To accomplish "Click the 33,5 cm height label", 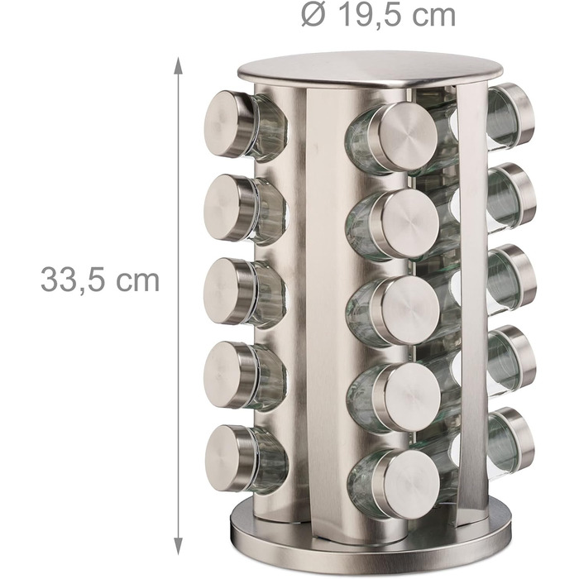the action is [x=100, y=280].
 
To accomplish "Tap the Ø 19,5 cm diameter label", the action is [x=378, y=15].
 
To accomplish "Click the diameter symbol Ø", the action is [x=313, y=15].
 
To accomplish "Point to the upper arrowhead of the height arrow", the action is [x=179, y=65].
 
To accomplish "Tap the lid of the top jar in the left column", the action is [x=229, y=123].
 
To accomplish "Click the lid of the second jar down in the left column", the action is [x=229, y=208].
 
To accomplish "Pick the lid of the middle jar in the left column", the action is [x=229, y=291].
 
